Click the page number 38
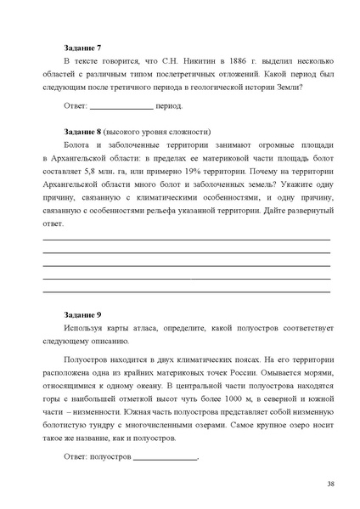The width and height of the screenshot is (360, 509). pyautogui.click(x=330, y=484)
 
